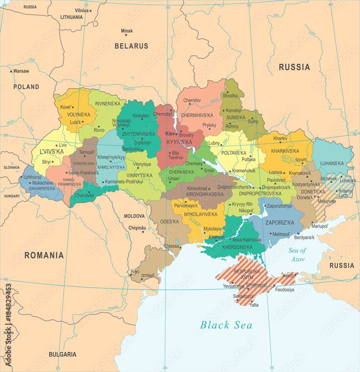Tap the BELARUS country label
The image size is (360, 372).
tap(131, 46)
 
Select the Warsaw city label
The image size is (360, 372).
tap(21, 71)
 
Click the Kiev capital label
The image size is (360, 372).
tap(170, 134)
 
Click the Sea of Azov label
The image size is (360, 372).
tap(297, 254)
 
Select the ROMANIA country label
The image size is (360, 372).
tap(44, 255)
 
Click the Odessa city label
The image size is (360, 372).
tap(171, 246)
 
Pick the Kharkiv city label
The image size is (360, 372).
tap(280, 138)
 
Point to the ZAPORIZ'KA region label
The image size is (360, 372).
tap(279, 222)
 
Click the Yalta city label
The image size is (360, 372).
tap(254, 305)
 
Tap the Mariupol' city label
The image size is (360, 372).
tap(320, 226)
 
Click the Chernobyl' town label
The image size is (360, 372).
tap(163, 114)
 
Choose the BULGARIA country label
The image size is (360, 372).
tap(62, 354)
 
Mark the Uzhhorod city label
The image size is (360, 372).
tap(32, 177)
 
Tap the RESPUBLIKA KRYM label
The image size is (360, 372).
tap(247, 275)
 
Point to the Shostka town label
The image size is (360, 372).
tap(230, 96)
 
